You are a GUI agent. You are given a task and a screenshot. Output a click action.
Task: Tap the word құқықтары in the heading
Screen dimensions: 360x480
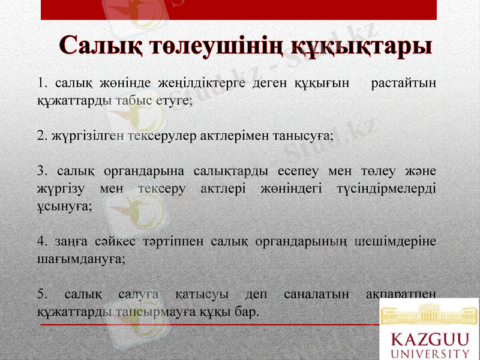(x=362, y=47)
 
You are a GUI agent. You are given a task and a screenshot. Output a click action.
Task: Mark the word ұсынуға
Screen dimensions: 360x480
(x=64, y=206)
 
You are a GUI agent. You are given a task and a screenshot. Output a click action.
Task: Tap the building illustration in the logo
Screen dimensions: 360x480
(x=430, y=313)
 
